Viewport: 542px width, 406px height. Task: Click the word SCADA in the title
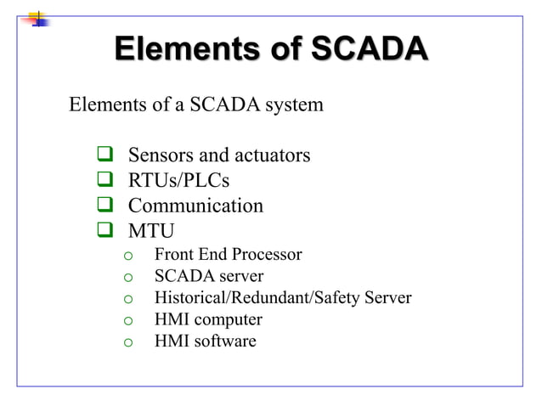click(x=368, y=50)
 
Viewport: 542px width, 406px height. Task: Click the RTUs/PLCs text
click(x=178, y=181)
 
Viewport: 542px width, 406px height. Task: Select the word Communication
click(x=195, y=206)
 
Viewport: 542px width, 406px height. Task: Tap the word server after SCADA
click(x=239, y=276)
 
